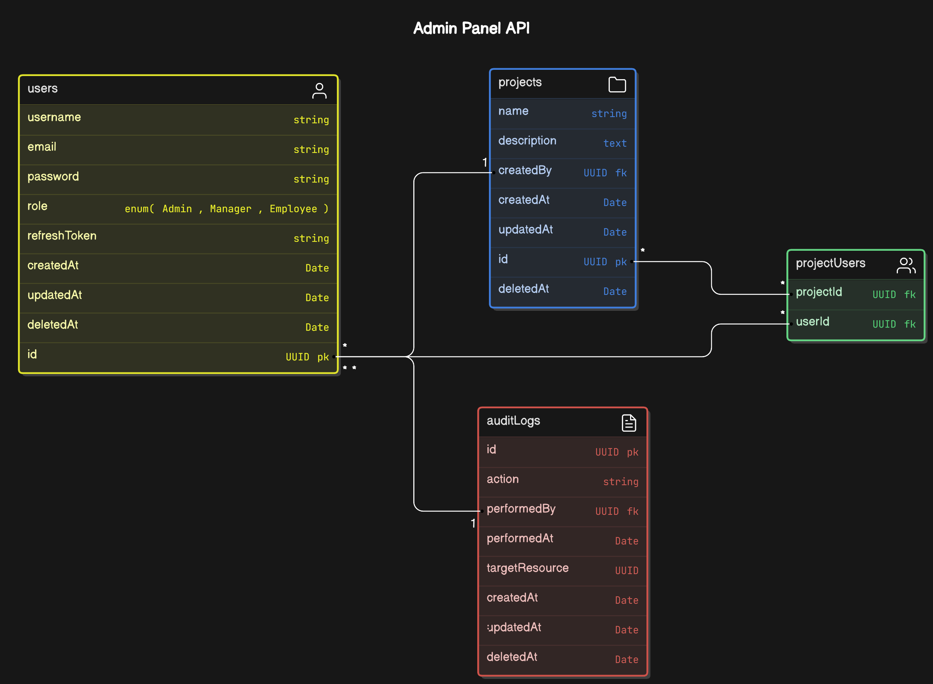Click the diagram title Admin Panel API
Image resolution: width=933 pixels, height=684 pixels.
pos(471,28)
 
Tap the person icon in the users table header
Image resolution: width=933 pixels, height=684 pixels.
pos(319,91)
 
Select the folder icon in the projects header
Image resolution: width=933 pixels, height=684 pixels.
pos(617,85)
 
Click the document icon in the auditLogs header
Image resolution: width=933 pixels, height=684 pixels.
pos(628,423)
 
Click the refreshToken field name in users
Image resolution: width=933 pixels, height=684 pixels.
pos(62,236)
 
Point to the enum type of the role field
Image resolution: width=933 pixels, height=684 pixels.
pos(227,209)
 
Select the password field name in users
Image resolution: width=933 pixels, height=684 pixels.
pos(53,176)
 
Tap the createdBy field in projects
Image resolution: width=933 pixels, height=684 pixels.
pos(524,170)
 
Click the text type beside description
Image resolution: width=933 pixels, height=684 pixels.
pos(614,143)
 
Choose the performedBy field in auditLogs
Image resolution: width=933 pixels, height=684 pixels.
pos(521,509)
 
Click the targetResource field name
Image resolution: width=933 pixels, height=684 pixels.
pos(528,568)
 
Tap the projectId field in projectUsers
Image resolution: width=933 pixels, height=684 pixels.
pos(818,292)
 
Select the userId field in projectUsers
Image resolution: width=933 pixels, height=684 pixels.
pos(812,322)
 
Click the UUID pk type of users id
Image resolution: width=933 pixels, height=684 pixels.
pos(307,357)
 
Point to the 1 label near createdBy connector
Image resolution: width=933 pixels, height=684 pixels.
pos(484,162)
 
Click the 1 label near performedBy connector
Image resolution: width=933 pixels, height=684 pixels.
pos(473,523)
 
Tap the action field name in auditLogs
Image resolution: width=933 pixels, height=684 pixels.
pos(502,479)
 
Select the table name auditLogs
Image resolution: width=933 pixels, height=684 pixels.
pos(513,421)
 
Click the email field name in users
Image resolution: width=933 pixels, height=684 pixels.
pos(42,147)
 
